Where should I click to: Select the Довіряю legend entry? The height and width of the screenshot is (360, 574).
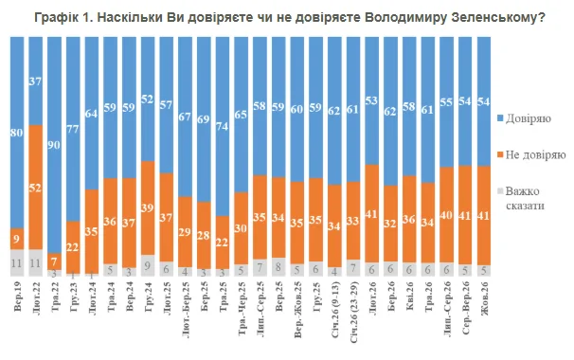[x=524, y=118]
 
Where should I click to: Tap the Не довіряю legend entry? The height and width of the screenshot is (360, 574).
[x=531, y=155]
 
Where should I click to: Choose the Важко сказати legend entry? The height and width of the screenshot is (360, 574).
[x=521, y=198]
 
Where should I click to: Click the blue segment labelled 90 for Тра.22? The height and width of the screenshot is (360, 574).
[x=54, y=145]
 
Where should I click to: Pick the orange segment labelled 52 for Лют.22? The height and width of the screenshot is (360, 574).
[x=35, y=188]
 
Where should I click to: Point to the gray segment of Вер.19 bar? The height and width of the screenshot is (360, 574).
[x=17, y=263]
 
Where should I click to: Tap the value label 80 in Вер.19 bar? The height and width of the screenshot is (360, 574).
[x=17, y=133]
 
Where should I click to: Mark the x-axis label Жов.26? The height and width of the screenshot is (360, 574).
[x=484, y=298]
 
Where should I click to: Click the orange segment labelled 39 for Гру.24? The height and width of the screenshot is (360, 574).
[x=148, y=208]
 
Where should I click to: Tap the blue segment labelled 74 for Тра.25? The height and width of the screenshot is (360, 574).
[x=223, y=126]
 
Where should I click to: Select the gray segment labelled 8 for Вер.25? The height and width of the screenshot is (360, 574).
[x=278, y=267]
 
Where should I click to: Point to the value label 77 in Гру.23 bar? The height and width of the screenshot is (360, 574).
[x=73, y=129]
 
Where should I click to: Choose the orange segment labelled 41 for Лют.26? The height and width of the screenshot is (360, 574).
[x=372, y=214]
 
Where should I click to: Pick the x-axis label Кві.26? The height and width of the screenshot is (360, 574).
[x=409, y=296]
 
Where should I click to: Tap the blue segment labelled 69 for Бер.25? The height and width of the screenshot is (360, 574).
[x=204, y=119]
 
